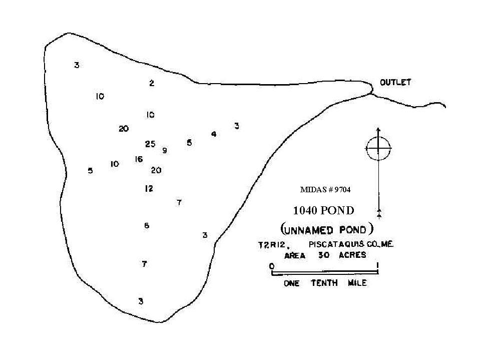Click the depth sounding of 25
click(150, 144)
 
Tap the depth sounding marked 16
click(139, 159)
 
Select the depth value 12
click(149, 189)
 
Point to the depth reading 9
click(165, 150)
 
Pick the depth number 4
click(214, 134)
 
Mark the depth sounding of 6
click(147, 226)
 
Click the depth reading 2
click(152, 83)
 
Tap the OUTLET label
click(395, 82)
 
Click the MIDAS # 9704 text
click(325, 190)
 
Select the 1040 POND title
click(323, 211)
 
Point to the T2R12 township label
click(272, 245)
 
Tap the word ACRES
click(352, 255)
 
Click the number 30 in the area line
click(323, 255)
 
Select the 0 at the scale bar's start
click(272, 266)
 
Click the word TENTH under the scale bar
click(324, 283)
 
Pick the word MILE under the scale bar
click(357, 283)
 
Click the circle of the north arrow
click(379, 137)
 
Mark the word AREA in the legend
click(295, 256)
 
